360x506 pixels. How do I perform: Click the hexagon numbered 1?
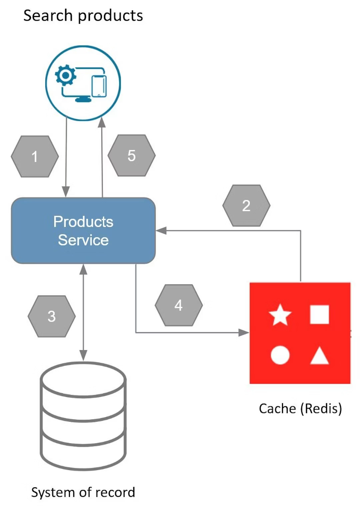35,156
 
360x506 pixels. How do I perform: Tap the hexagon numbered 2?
246,205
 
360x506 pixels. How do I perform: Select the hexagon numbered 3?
52,316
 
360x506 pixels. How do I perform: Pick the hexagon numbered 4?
179,305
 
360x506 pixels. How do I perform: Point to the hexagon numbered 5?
132,155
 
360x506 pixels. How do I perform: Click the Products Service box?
83,231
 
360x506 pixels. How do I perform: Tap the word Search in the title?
48,16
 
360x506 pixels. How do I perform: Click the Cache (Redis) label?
300,408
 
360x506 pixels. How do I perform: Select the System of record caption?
83,492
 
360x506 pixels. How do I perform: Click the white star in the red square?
280,315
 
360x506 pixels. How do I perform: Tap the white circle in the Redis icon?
280,355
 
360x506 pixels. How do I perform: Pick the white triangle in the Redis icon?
319,356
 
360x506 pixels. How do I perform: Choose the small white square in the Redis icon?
319,315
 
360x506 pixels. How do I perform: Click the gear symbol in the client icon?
66,76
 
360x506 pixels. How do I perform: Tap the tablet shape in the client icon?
99,86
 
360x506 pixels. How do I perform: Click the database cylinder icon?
83,415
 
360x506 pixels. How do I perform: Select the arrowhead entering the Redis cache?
244,333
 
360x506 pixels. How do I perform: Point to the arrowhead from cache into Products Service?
161,230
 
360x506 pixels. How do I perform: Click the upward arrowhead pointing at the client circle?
102,123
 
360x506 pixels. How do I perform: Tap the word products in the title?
111,16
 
